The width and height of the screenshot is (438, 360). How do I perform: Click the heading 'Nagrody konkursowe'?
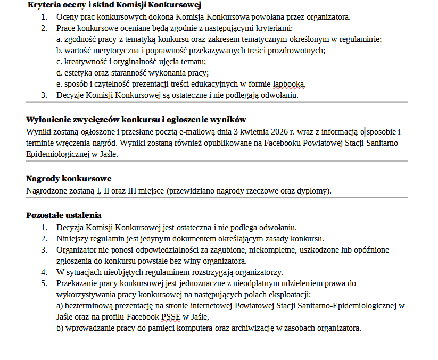pos(69,179)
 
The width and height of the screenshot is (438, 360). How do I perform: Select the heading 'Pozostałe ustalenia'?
pos(64,215)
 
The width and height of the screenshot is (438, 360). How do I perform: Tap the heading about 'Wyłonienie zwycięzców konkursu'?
pos(136,119)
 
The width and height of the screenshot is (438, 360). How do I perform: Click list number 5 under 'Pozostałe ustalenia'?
pos(44,283)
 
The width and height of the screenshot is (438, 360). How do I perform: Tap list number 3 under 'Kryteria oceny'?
pos(44,95)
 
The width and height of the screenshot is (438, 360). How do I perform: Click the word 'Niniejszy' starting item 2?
pos(72,238)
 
